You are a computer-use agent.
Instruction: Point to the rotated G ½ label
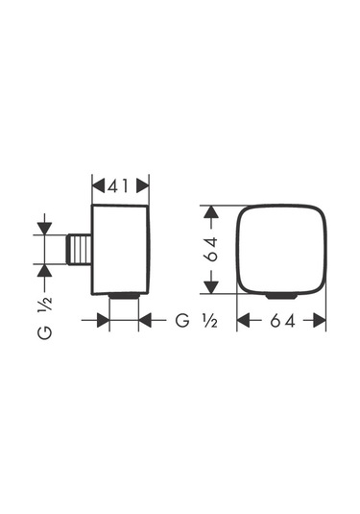coord(44,318)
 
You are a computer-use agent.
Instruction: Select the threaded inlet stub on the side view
coord(81,252)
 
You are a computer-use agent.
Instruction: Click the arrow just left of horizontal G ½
coord(146,320)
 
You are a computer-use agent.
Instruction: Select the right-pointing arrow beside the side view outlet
coord(103,320)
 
